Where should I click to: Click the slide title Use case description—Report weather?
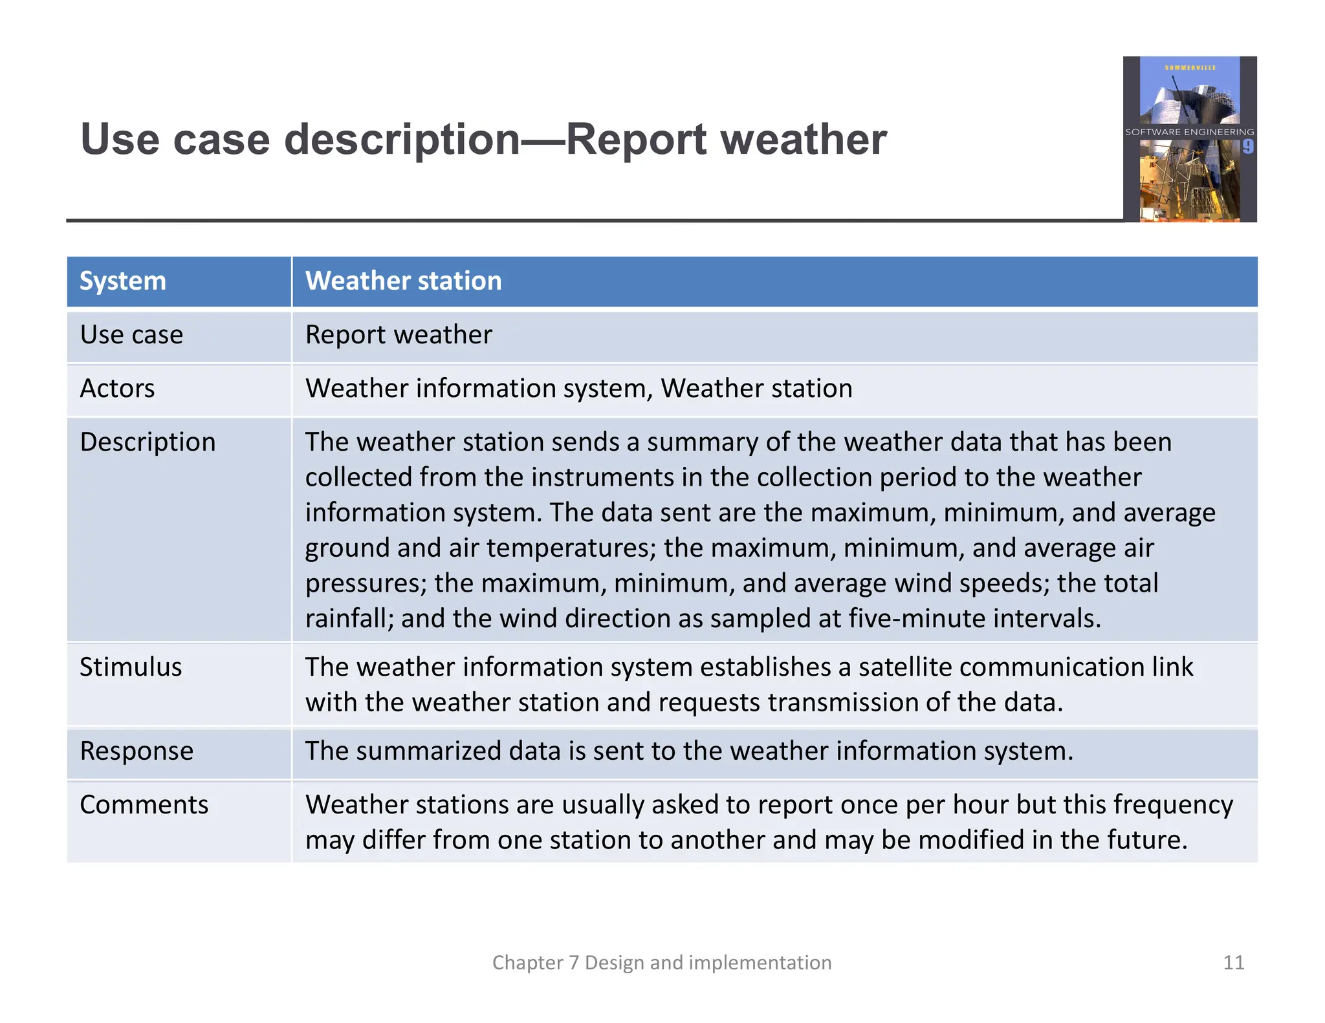coord(483,140)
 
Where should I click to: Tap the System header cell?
coord(123,281)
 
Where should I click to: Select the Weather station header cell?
coord(403,281)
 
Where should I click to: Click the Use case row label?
coord(131,335)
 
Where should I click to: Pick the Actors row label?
coord(117,389)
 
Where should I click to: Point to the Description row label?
coord(148,442)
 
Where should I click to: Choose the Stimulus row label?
coord(131,667)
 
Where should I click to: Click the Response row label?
coord(137,751)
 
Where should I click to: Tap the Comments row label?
coord(144,805)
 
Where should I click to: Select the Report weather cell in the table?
coord(399,335)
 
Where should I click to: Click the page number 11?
coord(1233,963)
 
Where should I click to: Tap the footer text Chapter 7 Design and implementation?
coord(662,963)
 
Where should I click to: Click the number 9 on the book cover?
coord(1247,147)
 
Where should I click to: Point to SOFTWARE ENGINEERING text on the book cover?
coord(1189,132)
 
